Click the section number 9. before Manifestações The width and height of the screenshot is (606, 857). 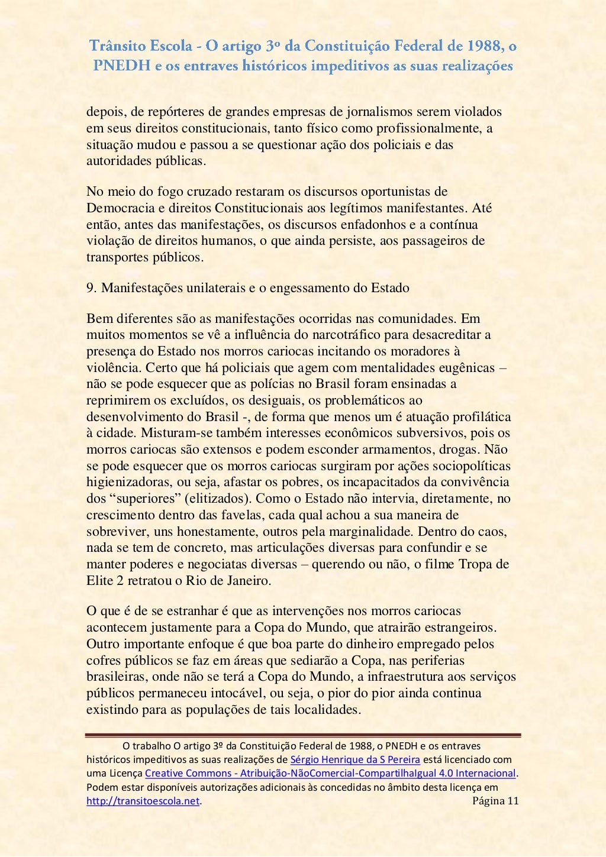pos(92,288)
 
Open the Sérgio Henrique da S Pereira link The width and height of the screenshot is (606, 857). pos(355,759)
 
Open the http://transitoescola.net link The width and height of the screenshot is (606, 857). pos(143,801)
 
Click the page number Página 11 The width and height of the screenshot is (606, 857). pos(496,801)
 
